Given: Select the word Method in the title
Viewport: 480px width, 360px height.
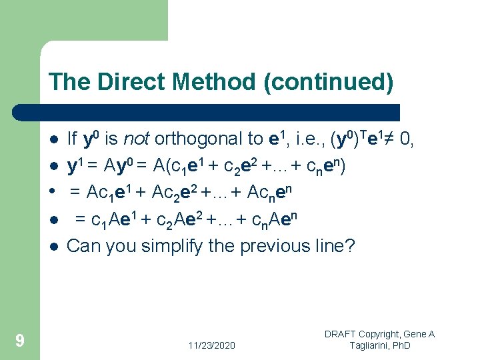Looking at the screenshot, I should pos(213,82).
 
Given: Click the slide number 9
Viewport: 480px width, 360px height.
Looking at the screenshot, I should pos(20,341).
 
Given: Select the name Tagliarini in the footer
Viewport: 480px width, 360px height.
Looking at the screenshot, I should pos(373,345).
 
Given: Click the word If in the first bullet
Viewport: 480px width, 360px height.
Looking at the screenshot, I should pos(72,139).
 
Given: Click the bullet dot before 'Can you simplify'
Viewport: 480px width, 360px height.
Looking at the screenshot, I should pos(53,247).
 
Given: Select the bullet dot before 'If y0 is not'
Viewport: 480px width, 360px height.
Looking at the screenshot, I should pos(53,140).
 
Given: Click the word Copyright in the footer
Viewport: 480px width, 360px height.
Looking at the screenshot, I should pos(385,334).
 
